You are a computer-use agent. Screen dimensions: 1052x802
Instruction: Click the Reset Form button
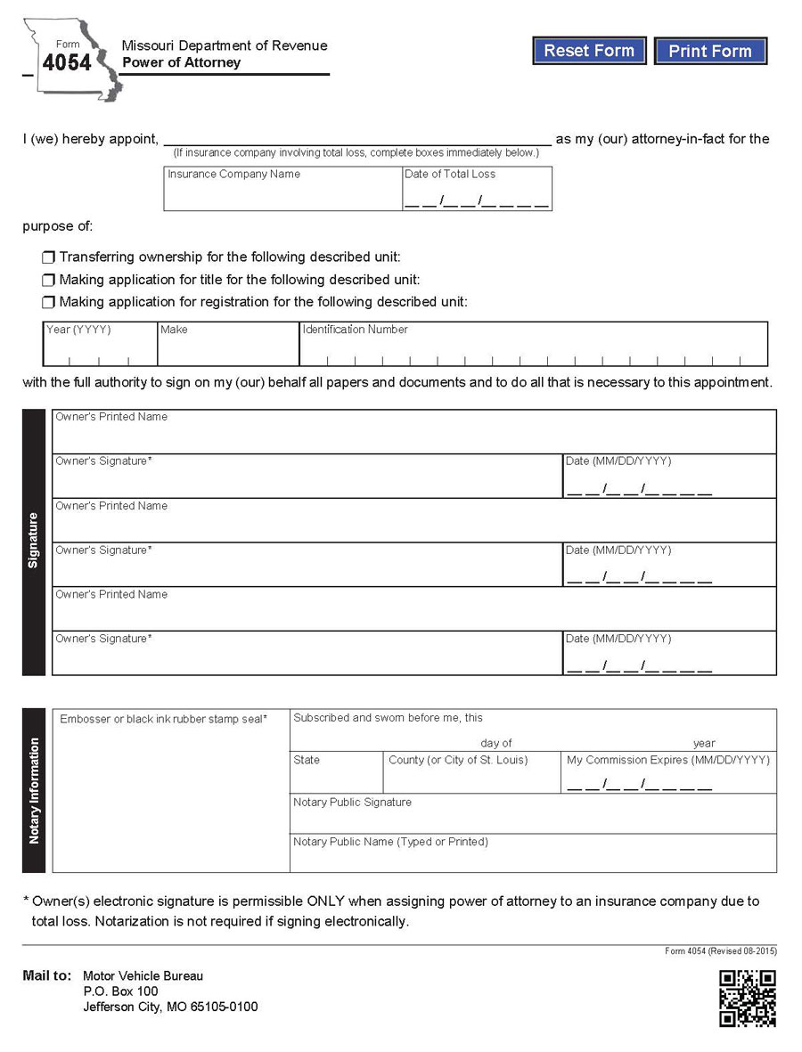pos(589,51)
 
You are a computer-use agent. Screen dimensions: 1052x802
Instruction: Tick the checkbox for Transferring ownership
pos(48,257)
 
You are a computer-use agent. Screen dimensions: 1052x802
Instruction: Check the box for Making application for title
pos(48,280)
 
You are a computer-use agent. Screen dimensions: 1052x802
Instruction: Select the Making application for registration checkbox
pos(48,302)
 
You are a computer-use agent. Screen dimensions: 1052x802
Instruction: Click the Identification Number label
pos(355,330)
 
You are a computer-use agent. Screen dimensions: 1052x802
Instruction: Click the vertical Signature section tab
pos(34,542)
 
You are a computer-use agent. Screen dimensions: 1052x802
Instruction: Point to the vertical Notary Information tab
pos(34,790)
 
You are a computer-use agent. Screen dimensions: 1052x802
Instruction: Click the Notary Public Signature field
pos(533,819)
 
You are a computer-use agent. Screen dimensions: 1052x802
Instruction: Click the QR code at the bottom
pos(747,998)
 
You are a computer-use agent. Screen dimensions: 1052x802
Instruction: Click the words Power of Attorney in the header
pos(181,63)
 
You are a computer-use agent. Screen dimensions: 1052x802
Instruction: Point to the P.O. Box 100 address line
pos(120,991)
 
